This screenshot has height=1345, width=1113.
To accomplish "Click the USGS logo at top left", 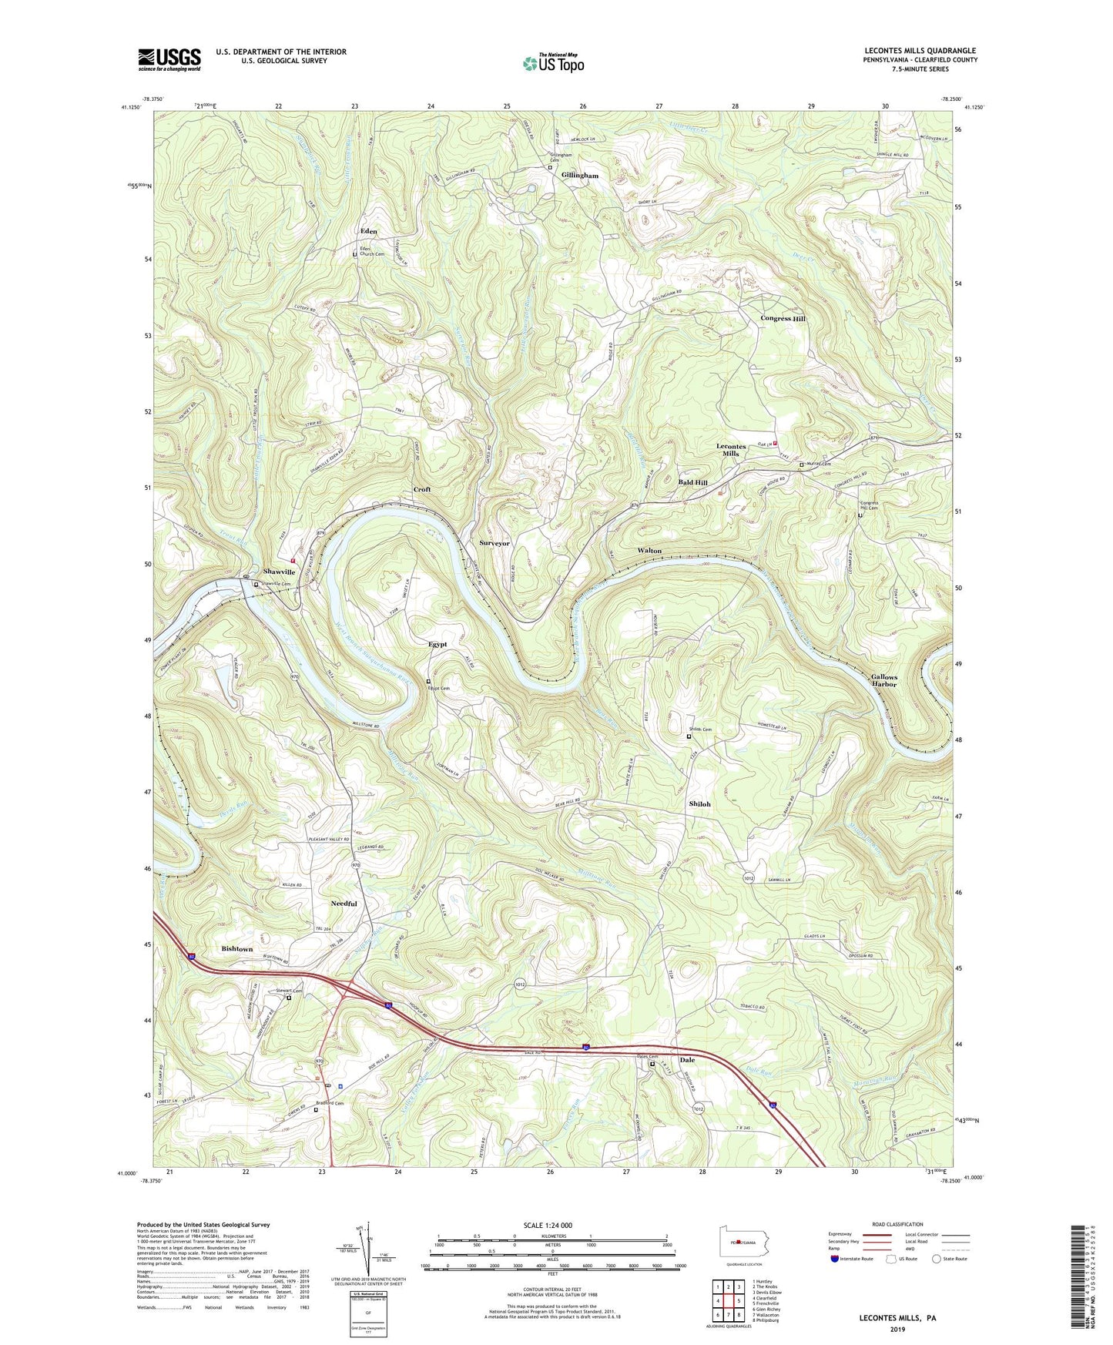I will pyautogui.click(x=169, y=59).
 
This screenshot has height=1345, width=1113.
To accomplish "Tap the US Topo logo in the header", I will pyautogui.click(x=552, y=63).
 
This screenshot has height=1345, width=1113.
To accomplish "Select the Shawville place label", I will pyautogui.click(x=279, y=572).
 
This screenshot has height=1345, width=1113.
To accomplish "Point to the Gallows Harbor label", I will pyautogui.click(x=883, y=681).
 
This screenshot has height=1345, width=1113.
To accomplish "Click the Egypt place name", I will pyautogui.click(x=437, y=645).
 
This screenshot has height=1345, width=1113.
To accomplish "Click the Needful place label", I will pyautogui.click(x=344, y=904).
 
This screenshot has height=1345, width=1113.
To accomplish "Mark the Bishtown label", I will pyautogui.click(x=236, y=949).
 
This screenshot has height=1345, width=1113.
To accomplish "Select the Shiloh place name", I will pyautogui.click(x=699, y=804).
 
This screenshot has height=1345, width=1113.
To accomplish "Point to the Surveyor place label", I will pyautogui.click(x=494, y=544).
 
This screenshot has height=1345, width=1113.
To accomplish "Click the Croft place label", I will pyautogui.click(x=421, y=490).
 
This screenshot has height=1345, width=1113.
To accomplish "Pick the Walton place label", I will pyautogui.click(x=649, y=551).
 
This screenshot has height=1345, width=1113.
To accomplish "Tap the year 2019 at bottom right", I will pyautogui.click(x=897, y=1330).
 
